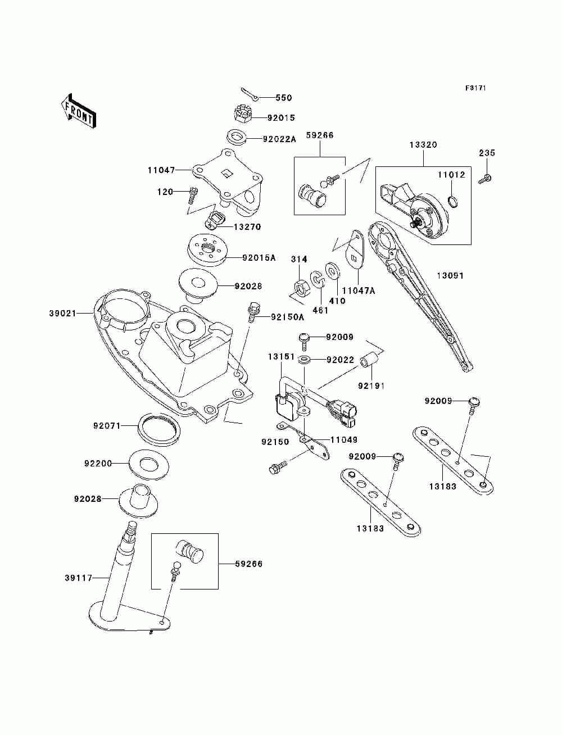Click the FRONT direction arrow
tap(78, 110)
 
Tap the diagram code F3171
tap(475, 88)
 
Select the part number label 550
tap(284, 98)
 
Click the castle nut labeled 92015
tap(242, 114)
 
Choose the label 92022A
tap(279, 139)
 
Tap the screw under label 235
tap(485, 178)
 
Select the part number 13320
tap(423, 145)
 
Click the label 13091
tap(451, 275)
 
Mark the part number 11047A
tap(358, 291)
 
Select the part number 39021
tap(62, 314)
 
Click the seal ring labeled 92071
tap(160, 430)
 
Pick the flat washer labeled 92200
tap(149, 465)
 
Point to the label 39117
tap(78, 578)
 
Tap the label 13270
tap(247, 226)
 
